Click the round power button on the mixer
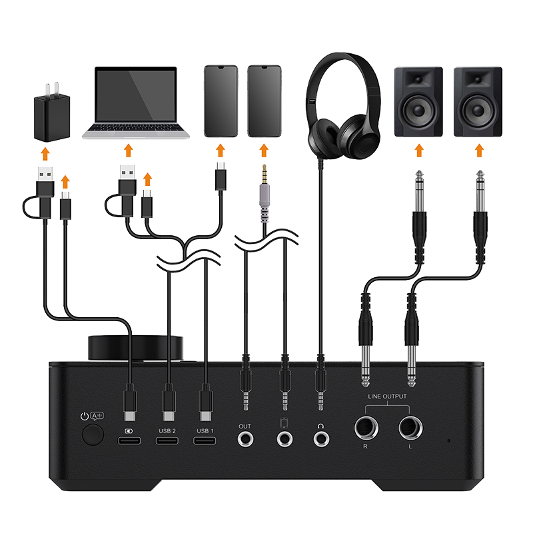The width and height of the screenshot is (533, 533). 93,436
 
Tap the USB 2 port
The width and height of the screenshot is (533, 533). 167,441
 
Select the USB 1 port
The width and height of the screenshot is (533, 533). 205,441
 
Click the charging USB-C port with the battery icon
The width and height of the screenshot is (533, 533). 129,441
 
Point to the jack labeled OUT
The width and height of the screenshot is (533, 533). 245,439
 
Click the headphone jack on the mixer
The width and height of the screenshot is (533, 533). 321,439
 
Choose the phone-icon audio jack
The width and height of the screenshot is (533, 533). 285,439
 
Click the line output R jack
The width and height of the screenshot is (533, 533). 366,428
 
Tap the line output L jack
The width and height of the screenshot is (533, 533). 410,428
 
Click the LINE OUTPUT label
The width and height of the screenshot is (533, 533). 387,396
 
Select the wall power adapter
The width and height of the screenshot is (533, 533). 52,112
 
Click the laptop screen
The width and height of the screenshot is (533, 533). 136,95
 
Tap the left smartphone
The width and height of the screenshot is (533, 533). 221,101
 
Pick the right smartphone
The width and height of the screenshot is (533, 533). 264,101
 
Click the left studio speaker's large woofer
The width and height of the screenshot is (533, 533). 418,110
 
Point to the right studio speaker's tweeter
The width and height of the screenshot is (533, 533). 478,80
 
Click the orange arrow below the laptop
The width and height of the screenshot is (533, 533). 128,151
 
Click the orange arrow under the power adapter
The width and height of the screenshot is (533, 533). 45,154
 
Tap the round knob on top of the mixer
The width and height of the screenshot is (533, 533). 135,348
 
